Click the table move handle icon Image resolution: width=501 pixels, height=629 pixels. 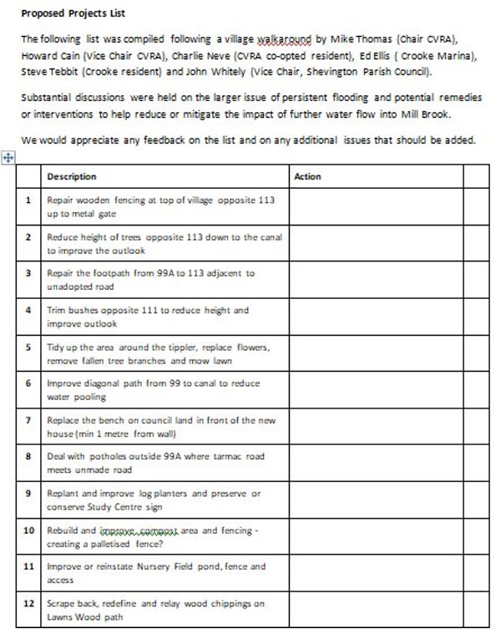point(8,157)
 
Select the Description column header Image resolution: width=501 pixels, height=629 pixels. point(72,177)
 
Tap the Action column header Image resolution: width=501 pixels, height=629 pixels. point(308,177)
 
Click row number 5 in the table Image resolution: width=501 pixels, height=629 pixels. point(28,346)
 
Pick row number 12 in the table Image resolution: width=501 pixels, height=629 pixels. point(28,602)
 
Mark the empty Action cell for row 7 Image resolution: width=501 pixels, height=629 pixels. point(374,427)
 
